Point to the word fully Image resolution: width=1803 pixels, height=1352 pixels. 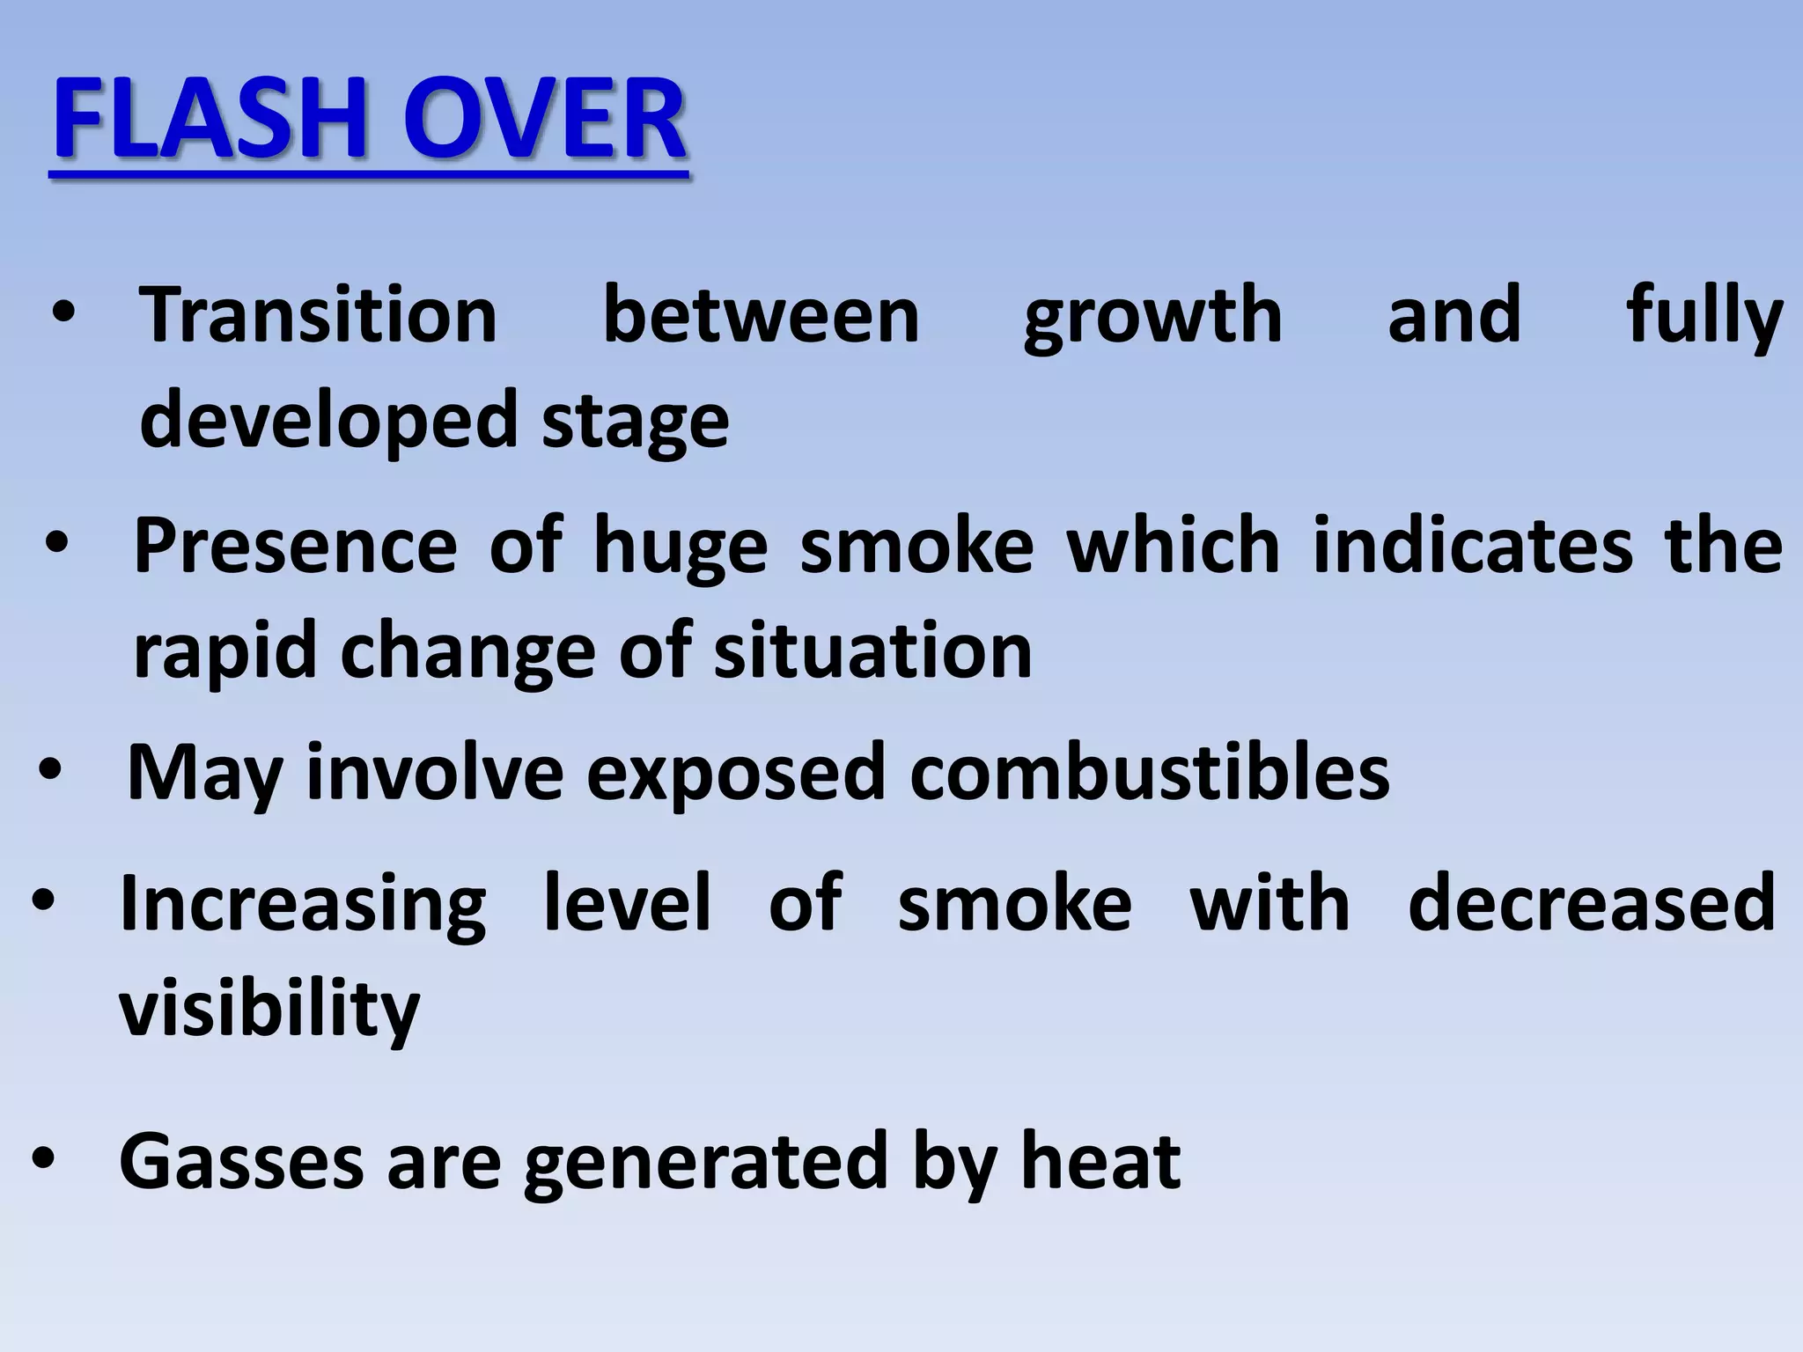pos(1704,317)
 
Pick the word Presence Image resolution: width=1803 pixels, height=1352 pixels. pos(295,547)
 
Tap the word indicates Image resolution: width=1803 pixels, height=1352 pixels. pos(1473,547)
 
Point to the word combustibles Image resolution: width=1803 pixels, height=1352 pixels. pos(1149,772)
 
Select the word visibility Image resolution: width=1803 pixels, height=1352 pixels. pos(269,1009)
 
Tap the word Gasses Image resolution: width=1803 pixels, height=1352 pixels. pos(241,1162)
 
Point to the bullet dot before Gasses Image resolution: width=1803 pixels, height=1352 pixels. pos(43,1160)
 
